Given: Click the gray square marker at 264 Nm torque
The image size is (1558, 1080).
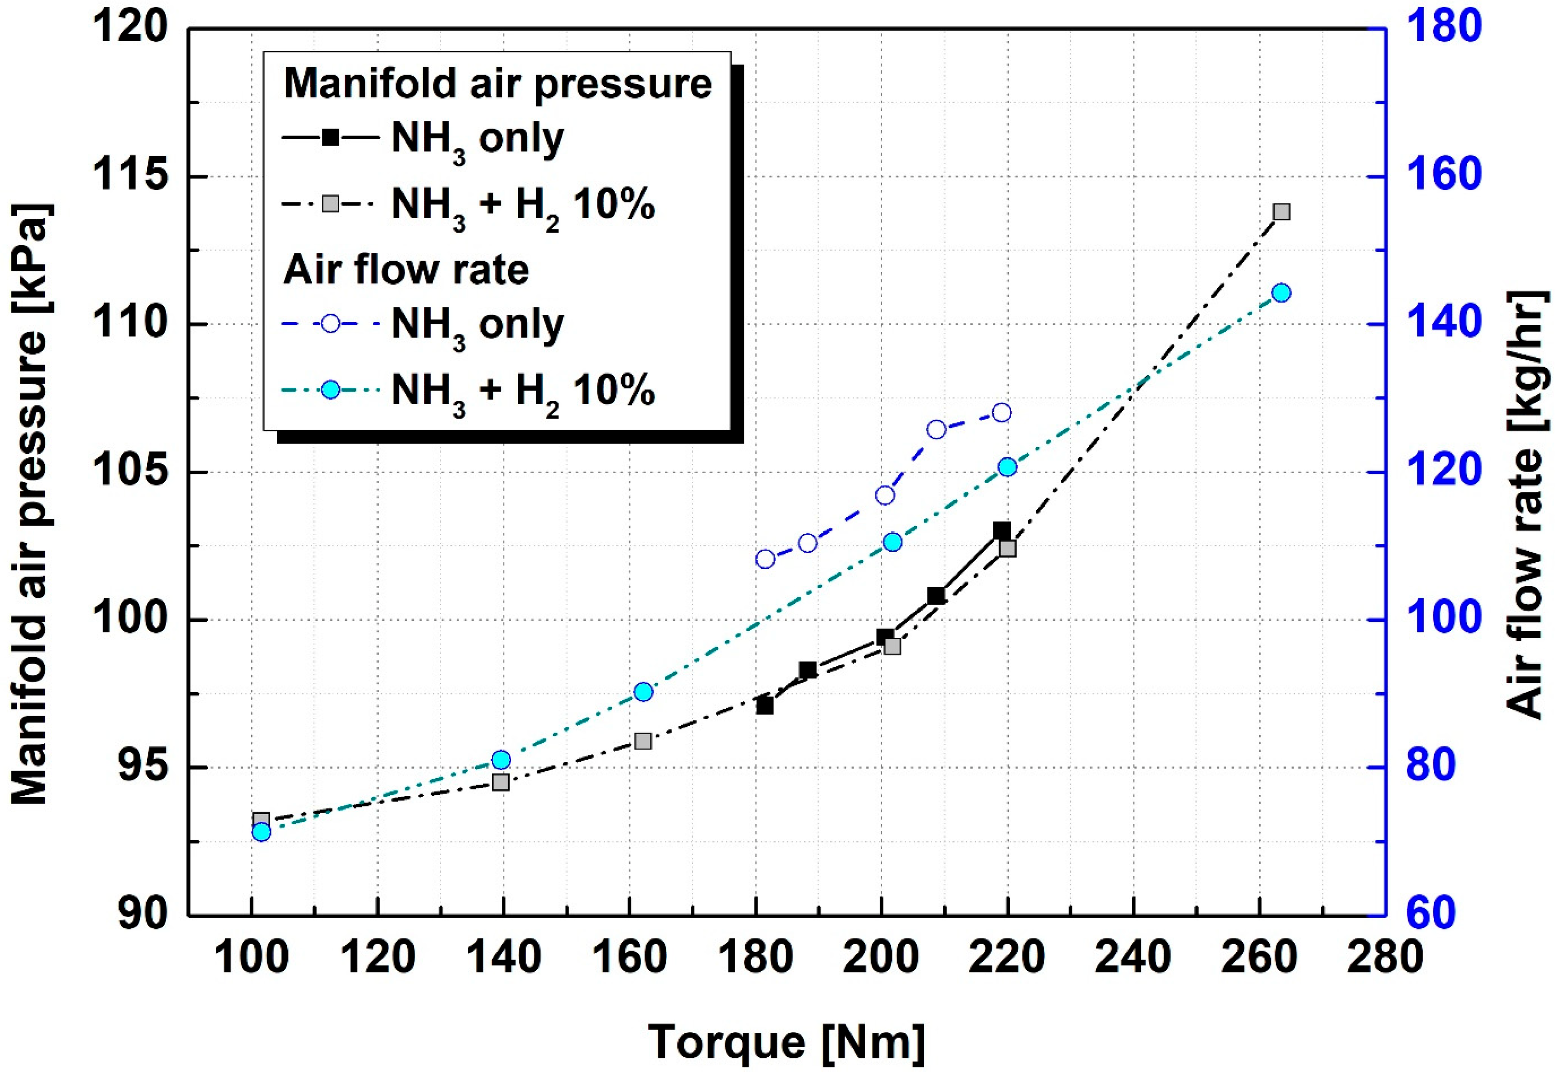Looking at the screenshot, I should coord(1281,212).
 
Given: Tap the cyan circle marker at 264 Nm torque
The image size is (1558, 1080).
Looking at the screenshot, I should coord(1281,293).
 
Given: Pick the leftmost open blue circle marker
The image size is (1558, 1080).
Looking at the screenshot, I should coord(765,559).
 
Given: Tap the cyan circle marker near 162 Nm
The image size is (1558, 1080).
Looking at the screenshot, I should coord(643,692).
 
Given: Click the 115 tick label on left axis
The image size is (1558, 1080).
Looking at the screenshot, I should coord(128,177).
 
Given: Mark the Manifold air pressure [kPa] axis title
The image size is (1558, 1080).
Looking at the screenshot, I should coord(30,504).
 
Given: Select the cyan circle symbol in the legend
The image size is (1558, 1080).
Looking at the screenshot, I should coord(330,390).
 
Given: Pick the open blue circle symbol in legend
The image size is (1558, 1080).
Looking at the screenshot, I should coord(330,323).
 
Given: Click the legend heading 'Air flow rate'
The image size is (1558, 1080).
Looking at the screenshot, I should coord(406,270).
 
